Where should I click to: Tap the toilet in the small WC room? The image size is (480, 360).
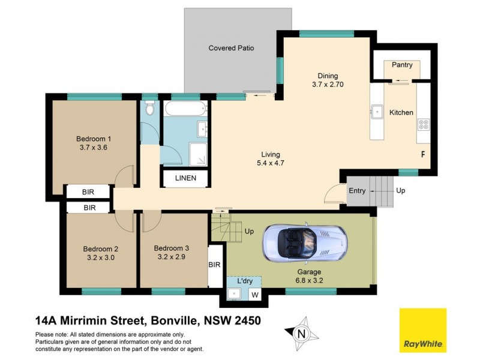pos(150,110)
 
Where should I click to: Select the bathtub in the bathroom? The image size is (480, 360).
pos(185,110)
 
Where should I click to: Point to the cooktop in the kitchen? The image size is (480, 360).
pos(423,125)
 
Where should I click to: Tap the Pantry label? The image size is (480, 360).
pos(402,64)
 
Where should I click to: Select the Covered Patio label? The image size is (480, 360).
pos(231,48)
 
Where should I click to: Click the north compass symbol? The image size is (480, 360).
pos(302,331)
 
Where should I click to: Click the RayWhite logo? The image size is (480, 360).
pos(422,330)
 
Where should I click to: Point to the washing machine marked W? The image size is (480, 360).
pos(254,294)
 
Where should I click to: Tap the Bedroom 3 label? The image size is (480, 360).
pos(172,248)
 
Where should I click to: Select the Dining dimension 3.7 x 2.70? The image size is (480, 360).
pos(328,85)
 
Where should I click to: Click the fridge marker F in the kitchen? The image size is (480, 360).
pos(423,154)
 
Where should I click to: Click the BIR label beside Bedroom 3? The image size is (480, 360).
pos(214,265)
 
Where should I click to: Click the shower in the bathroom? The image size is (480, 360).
pos(198,154)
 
